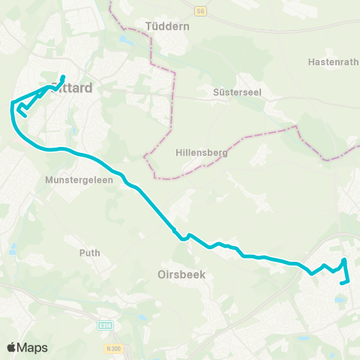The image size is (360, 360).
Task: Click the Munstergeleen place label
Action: [x=78, y=181]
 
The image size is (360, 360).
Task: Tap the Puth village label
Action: [x=90, y=253]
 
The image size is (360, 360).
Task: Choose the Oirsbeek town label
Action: [x=181, y=274]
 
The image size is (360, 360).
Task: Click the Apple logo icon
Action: [x=11, y=347]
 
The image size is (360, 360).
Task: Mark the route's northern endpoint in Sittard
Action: [x=64, y=76]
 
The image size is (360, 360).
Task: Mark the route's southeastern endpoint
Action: [x=342, y=283]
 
